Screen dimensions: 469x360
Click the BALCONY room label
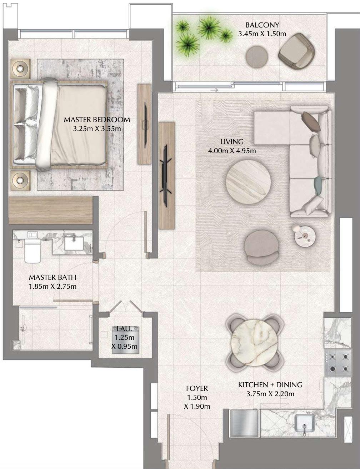click(262, 25)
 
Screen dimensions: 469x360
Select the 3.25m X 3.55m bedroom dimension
click(97, 128)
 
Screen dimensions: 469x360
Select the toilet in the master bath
click(32, 251)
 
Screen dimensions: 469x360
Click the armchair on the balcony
click(296, 51)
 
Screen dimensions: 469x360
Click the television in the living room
click(166, 175)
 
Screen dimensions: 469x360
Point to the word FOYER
click(197, 388)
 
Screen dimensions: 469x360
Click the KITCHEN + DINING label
click(270, 385)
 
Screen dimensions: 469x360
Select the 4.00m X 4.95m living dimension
click(232, 151)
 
